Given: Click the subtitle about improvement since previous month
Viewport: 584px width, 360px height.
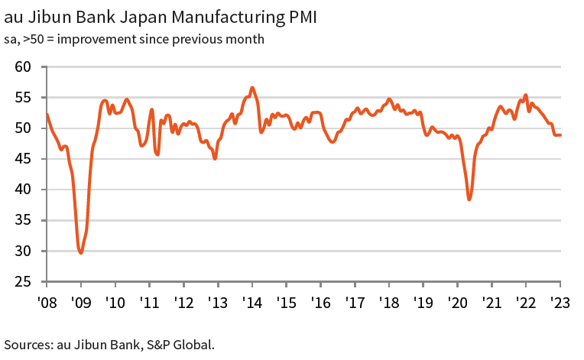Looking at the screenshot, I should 135,39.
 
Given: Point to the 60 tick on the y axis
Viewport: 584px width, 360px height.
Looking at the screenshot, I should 23,67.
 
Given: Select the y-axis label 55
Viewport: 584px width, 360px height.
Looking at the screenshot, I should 23,98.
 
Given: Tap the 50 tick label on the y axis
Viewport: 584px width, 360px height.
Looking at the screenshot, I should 23,128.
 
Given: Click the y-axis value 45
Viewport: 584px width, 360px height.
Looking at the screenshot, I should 23,159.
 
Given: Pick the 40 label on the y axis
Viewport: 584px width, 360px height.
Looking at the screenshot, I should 23,190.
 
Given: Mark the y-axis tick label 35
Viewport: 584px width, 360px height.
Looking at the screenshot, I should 23,220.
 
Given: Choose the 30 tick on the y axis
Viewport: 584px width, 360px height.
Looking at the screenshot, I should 23,251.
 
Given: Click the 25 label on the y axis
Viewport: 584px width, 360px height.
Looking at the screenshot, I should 23,281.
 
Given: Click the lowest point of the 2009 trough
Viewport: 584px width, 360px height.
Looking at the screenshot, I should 81,252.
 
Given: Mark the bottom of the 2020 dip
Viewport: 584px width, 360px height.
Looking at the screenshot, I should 469,199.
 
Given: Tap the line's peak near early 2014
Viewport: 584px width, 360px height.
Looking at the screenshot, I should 252,87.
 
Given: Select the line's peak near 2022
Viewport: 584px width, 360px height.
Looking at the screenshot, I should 525,95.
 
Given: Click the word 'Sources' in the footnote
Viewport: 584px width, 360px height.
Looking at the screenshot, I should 28,344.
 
